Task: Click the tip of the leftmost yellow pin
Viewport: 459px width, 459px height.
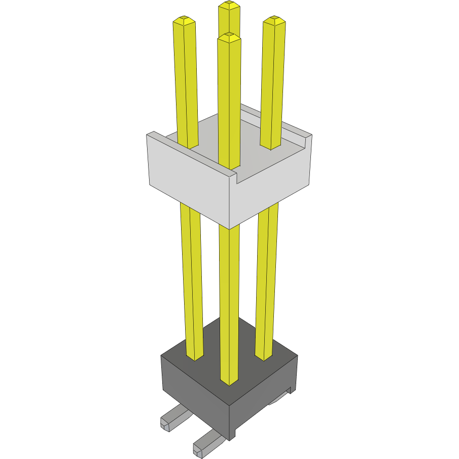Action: point(184,21)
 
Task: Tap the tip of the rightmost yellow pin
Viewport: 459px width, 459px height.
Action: point(274,21)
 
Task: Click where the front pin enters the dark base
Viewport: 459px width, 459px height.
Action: point(229,380)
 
